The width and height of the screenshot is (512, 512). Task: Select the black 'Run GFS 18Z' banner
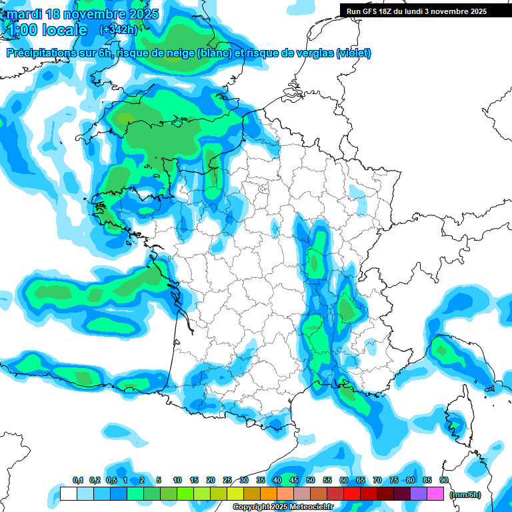417,11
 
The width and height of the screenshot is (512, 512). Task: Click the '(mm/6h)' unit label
465,494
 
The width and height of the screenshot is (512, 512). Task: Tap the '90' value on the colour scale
443,481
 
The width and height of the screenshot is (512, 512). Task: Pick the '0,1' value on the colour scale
77,481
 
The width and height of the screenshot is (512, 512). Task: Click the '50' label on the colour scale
311,481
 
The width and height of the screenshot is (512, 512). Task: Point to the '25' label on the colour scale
227,481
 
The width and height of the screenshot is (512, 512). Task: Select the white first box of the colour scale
69,494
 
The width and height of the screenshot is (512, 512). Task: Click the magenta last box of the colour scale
435,494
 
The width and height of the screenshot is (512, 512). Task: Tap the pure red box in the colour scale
352,494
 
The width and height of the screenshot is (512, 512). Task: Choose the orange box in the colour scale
269,494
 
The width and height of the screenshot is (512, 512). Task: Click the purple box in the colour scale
419,494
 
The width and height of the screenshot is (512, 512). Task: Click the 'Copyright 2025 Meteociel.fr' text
283,507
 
